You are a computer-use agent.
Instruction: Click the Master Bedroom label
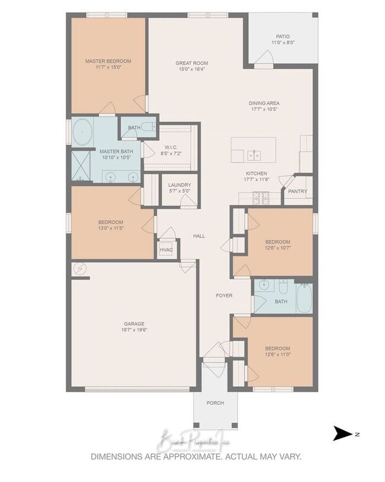108,61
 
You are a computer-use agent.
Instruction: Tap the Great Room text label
191,63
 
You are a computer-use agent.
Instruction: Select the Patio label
282,36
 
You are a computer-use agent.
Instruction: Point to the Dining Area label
264,103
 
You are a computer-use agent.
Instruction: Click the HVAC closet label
166,250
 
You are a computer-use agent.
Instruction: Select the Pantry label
297,191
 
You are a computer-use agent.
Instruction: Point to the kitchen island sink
255,156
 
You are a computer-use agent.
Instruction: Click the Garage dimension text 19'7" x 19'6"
134,330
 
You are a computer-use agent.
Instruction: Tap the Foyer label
224,295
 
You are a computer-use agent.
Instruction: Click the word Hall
199,236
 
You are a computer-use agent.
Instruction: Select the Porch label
215,403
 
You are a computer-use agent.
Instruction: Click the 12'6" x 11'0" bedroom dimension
277,355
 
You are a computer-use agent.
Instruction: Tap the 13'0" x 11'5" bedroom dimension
111,229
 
